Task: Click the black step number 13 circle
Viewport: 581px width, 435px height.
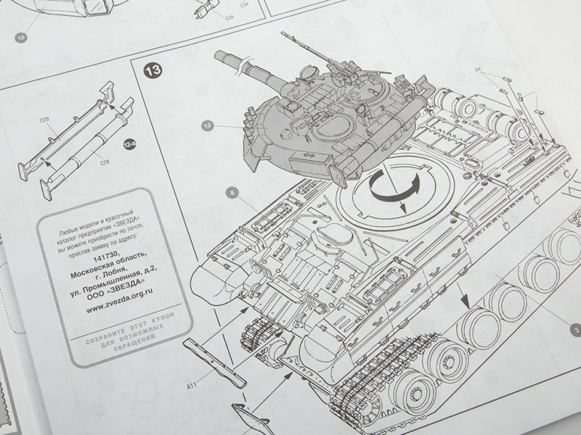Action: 153,70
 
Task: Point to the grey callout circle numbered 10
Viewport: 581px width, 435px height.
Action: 22,35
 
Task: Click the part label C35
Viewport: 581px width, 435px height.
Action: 209,15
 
